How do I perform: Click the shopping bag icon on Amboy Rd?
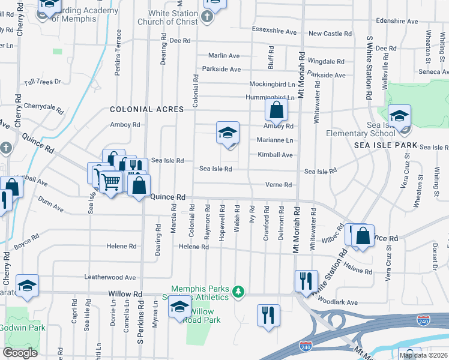(276, 110)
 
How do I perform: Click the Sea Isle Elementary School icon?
(399, 116)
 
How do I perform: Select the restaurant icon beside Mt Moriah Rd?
(306, 280)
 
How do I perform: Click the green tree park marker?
(239, 291)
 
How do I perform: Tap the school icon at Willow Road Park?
(179, 307)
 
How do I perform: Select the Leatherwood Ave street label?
(110, 277)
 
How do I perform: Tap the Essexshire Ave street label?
(275, 31)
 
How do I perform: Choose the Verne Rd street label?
(279, 185)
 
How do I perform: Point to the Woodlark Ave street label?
(337, 302)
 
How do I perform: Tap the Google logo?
(19, 353)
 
